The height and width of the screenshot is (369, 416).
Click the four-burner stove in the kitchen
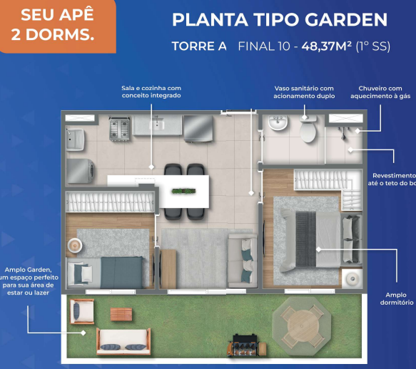click(119, 127)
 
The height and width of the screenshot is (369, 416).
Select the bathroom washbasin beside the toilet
click(276, 125)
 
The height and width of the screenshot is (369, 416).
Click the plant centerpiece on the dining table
click(185, 190)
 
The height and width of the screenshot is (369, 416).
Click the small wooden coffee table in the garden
click(121, 314)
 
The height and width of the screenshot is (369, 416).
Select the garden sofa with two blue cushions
click(123, 343)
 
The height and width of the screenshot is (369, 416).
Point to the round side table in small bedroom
click(74, 245)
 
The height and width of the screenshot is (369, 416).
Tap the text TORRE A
click(199, 46)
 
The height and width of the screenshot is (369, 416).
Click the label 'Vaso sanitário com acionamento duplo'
click(304, 92)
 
